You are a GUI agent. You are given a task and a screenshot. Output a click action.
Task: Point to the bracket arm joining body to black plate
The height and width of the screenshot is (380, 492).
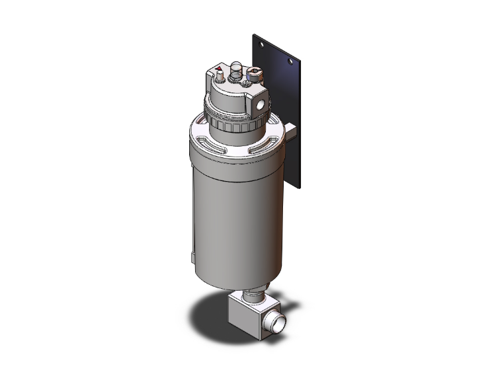[x=292, y=136]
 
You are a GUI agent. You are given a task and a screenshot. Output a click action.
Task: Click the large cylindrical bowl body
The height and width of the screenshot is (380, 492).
[x=231, y=211]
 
